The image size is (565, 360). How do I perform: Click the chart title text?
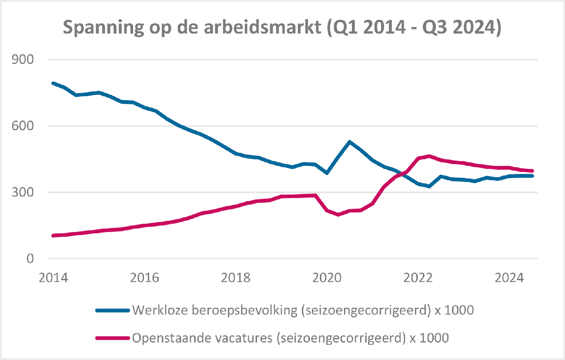[x=282, y=28]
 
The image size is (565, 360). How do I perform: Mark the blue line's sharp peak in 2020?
[x=349, y=142]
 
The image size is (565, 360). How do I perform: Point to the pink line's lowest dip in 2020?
[x=338, y=215]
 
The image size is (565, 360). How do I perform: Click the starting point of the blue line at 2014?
[x=53, y=83]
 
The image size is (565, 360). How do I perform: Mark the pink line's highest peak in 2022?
[x=429, y=156]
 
